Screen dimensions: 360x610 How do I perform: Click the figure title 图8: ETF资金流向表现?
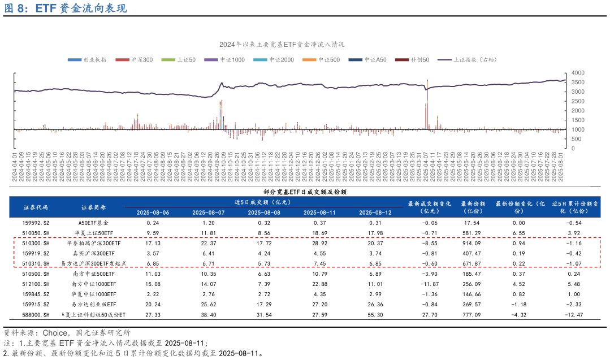65,8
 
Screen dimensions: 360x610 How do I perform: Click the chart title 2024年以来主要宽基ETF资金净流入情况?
282,44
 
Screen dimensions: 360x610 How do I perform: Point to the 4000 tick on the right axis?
578,73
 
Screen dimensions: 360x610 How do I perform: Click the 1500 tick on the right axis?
578,120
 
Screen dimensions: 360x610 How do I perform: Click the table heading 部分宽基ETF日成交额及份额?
305,192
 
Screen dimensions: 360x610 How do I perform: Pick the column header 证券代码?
36,207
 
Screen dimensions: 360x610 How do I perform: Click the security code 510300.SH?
35,243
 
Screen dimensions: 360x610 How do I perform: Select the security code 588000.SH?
35,314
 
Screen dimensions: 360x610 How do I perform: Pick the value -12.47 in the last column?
573,314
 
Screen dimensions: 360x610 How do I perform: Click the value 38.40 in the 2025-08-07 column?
209,314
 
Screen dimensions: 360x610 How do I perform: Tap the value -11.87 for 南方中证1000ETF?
430,284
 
